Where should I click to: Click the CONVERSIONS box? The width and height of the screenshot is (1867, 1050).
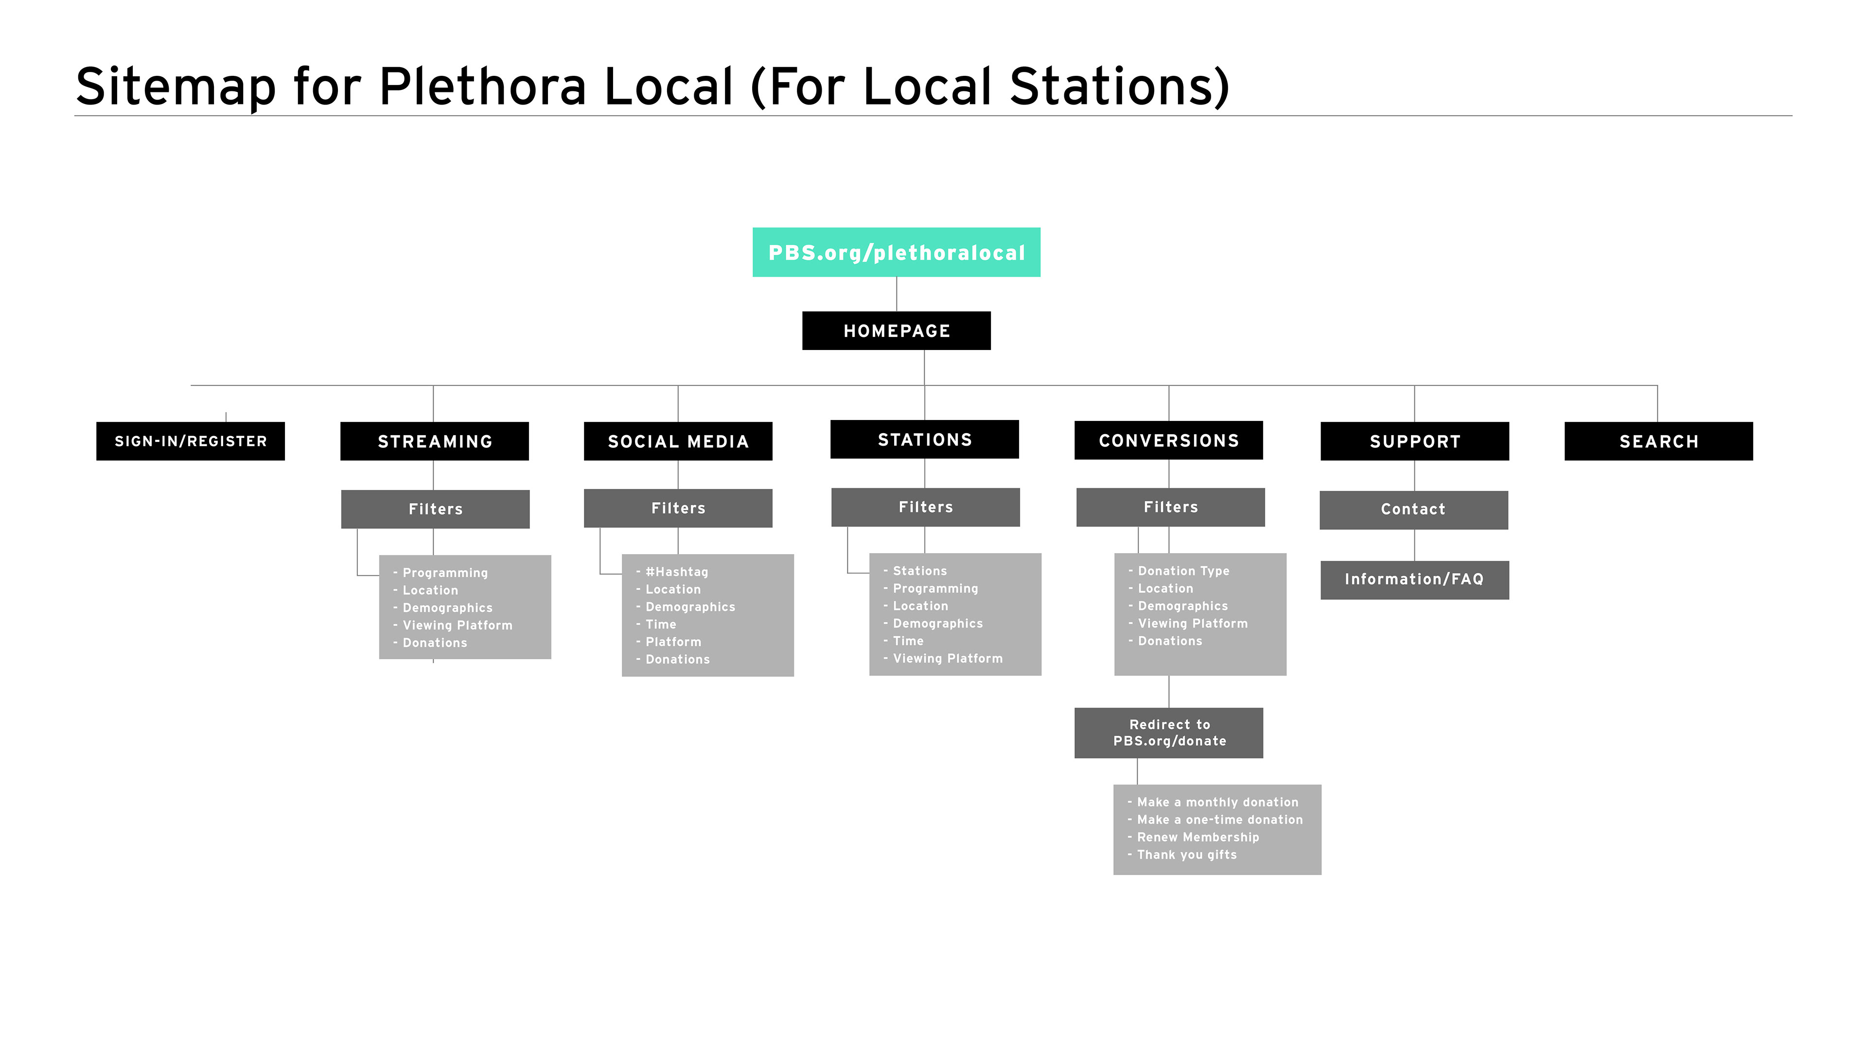click(x=1168, y=440)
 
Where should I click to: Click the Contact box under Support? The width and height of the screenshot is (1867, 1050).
click(x=1413, y=509)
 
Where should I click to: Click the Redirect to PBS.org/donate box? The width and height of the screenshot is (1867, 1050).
click(x=1168, y=733)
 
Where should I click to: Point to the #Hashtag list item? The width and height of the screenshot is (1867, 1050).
click(x=676, y=572)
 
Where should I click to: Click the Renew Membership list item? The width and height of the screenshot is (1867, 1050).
click(x=1198, y=837)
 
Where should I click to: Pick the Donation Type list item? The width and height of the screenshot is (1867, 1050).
click(x=1183, y=571)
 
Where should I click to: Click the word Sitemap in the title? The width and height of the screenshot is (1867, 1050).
click(x=176, y=87)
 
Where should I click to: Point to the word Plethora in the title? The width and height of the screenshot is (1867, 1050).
click(x=482, y=87)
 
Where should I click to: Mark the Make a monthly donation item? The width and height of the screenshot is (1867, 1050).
click(x=1217, y=802)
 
